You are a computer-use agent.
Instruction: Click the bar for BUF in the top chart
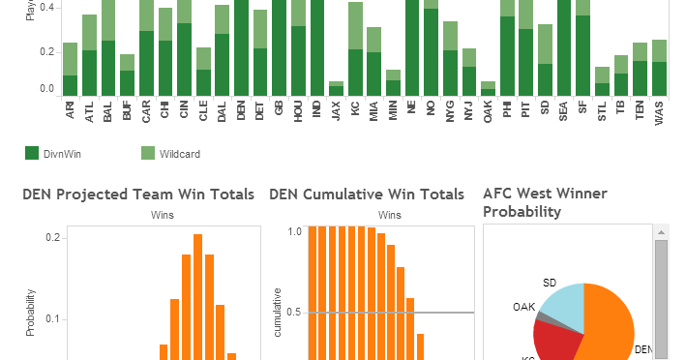(x=127, y=76)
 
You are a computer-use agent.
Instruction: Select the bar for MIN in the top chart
(x=393, y=83)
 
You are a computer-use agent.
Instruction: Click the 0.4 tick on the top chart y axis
(x=45, y=8)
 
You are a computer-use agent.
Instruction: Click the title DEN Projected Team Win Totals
(x=138, y=195)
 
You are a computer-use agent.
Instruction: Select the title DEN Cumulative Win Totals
(x=367, y=195)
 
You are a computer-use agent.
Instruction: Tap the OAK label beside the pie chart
(x=523, y=306)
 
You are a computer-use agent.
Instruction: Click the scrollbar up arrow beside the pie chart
(x=662, y=232)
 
